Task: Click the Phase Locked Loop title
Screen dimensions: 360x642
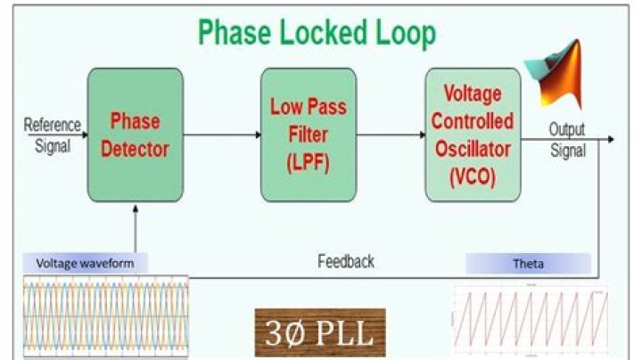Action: (317, 33)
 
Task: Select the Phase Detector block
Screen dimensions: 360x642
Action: (135, 136)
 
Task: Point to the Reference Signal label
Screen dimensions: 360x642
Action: (52, 135)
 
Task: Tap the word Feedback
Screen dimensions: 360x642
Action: (346, 261)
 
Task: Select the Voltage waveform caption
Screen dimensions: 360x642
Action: (86, 263)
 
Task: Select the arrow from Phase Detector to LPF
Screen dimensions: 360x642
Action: (222, 135)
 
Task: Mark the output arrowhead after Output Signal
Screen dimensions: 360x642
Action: (611, 138)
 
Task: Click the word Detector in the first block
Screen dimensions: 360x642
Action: (135, 150)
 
